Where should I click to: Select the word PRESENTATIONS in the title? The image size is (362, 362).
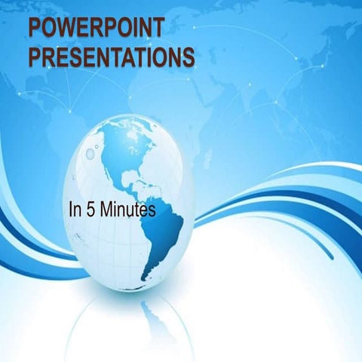[110, 57]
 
